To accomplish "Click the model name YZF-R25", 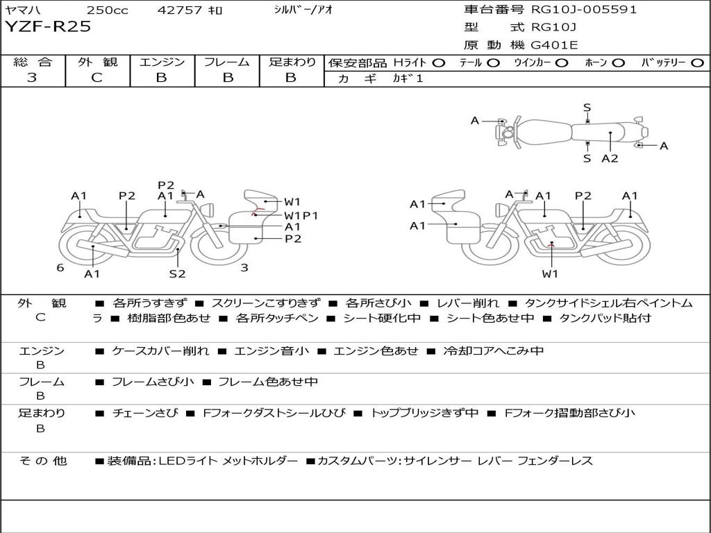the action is pos(48,26).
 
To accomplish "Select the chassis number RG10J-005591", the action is pos(583,9).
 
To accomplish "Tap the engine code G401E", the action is pos(554,45).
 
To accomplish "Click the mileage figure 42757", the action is pos(179,10).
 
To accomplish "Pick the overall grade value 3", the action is pos(32,78).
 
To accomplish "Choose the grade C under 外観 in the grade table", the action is pos(97,78).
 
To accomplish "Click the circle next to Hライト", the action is pos(439,63).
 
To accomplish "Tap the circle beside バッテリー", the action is pos(697,63).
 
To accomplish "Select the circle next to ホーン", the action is pos(619,63).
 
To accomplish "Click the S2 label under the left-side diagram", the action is pos(177,273).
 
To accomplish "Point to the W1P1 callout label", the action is pos(301,215).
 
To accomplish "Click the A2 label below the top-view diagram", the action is pos(610,158).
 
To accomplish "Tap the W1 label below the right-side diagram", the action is pos(550,273).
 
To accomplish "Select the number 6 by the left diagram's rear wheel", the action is pos(60,268).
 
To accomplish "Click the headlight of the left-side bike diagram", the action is pos(209,210).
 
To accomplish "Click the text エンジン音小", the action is pos(271,350).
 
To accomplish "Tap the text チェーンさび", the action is pos(145,413).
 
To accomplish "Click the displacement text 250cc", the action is pos(107,10).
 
